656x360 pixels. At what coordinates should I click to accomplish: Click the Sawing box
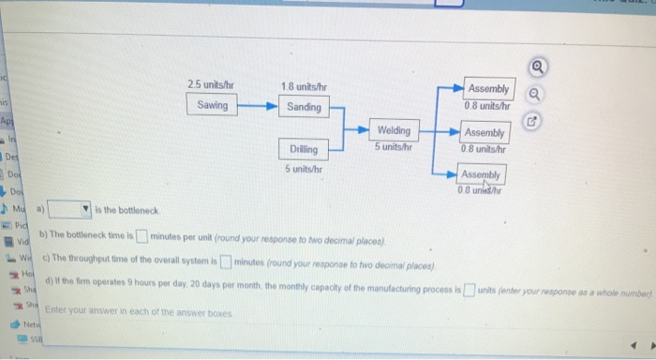coord(213,106)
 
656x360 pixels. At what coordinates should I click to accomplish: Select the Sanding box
coord(304,107)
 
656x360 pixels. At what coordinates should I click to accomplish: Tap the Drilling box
coord(304,149)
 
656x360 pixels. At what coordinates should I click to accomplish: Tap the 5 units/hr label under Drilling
coord(304,170)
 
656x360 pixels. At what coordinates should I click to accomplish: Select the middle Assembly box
coord(485,139)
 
